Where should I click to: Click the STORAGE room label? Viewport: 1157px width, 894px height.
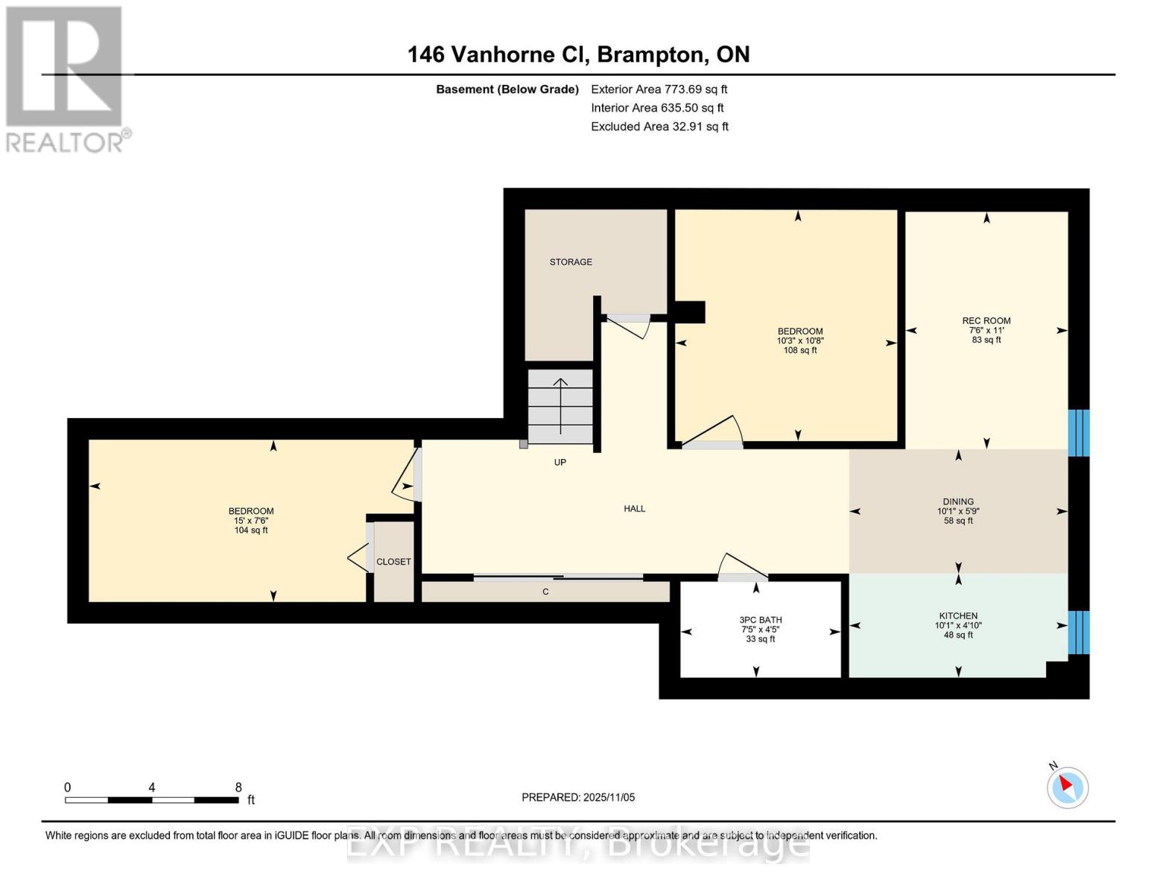(x=571, y=262)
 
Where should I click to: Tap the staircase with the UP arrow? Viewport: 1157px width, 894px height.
(x=560, y=406)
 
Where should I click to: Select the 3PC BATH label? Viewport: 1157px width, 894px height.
(x=760, y=620)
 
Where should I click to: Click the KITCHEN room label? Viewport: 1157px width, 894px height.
(x=958, y=616)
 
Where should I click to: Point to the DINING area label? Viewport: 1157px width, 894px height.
(x=958, y=502)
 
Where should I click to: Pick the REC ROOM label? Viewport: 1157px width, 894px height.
(x=986, y=321)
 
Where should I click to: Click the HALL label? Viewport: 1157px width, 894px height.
(x=634, y=509)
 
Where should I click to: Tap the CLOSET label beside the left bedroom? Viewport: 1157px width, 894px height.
(x=393, y=562)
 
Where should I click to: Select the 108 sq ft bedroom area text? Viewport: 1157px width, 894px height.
(x=800, y=350)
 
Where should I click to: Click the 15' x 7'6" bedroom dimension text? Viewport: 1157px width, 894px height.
(x=251, y=521)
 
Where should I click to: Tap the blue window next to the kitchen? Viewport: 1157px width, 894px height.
(x=1078, y=633)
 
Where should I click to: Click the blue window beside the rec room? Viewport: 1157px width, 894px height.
(x=1078, y=433)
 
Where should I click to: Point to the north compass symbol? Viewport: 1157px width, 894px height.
(x=1067, y=787)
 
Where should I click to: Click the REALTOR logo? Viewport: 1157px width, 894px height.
(x=66, y=78)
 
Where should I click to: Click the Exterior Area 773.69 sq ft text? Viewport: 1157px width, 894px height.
(x=659, y=89)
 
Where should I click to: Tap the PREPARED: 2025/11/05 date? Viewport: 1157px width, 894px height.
(x=578, y=797)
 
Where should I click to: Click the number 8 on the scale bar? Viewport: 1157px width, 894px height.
(x=238, y=787)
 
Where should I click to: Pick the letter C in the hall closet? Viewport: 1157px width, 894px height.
(x=545, y=592)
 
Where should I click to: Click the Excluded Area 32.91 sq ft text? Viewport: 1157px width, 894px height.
(x=659, y=127)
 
